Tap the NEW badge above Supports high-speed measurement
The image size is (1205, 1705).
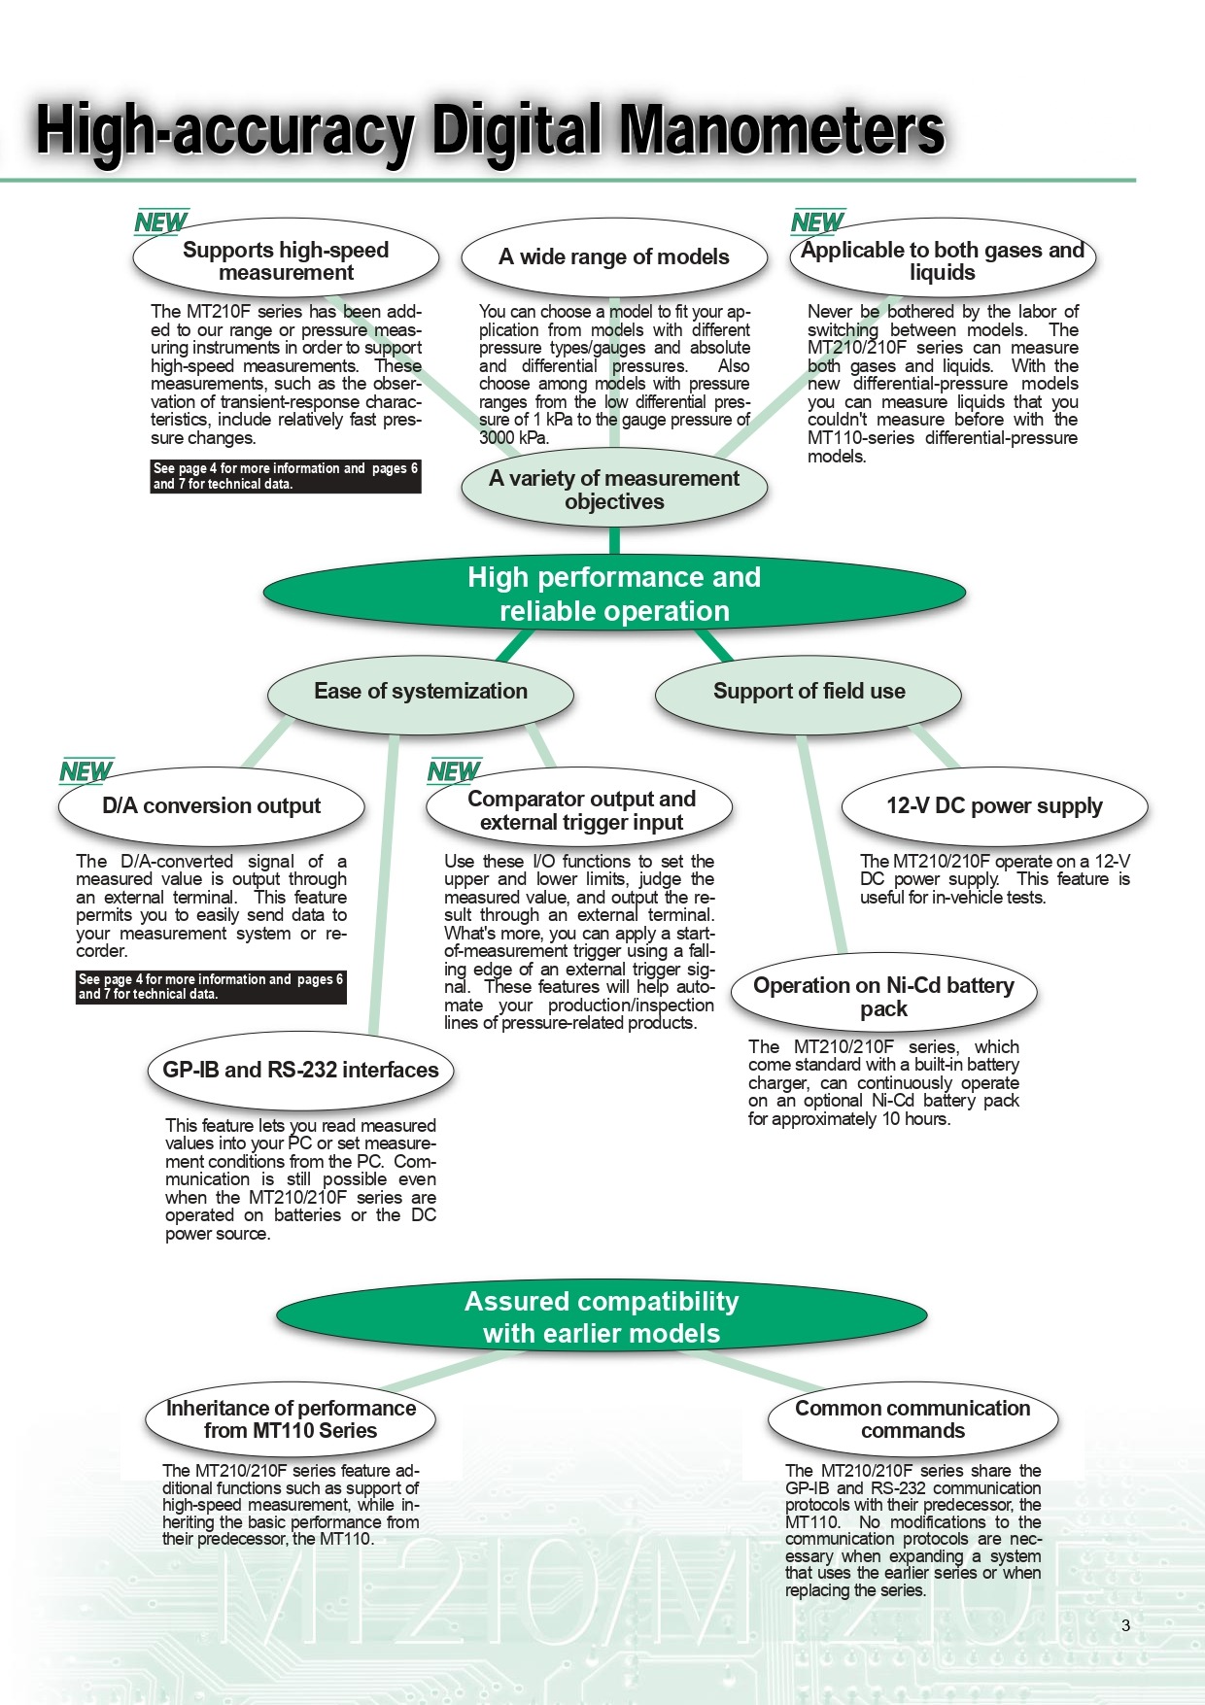(x=160, y=222)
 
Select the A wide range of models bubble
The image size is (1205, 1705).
(x=614, y=257)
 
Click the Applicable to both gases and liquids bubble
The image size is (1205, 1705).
(x=942, y=260)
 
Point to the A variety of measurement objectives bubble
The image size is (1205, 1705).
(x=614, y=490)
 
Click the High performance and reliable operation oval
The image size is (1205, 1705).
(x=614, y=595)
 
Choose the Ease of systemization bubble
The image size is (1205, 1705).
(x=421, y=692)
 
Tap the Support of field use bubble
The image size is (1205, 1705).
(x=809, y=692)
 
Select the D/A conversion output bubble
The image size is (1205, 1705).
(x=212, y=806)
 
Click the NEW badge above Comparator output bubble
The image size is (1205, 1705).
(x=454, y=771)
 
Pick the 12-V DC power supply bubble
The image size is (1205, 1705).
(x=994, y=806)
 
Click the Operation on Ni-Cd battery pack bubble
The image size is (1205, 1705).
(x=883, y=995)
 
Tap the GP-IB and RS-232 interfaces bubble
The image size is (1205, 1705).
(x=300, y=1071)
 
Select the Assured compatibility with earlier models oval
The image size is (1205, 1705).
(x=602, y=1316)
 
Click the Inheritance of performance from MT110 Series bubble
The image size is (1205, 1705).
(x=291, y=1419)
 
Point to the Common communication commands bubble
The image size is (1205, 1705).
(x=912, y=1419)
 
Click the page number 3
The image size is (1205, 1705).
(x=1126, y=1625)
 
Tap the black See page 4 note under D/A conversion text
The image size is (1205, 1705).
(x=211, y=987)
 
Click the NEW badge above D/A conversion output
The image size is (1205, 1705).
(x=86, y=771)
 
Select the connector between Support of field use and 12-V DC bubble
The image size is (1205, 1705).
(x=935, y=746)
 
